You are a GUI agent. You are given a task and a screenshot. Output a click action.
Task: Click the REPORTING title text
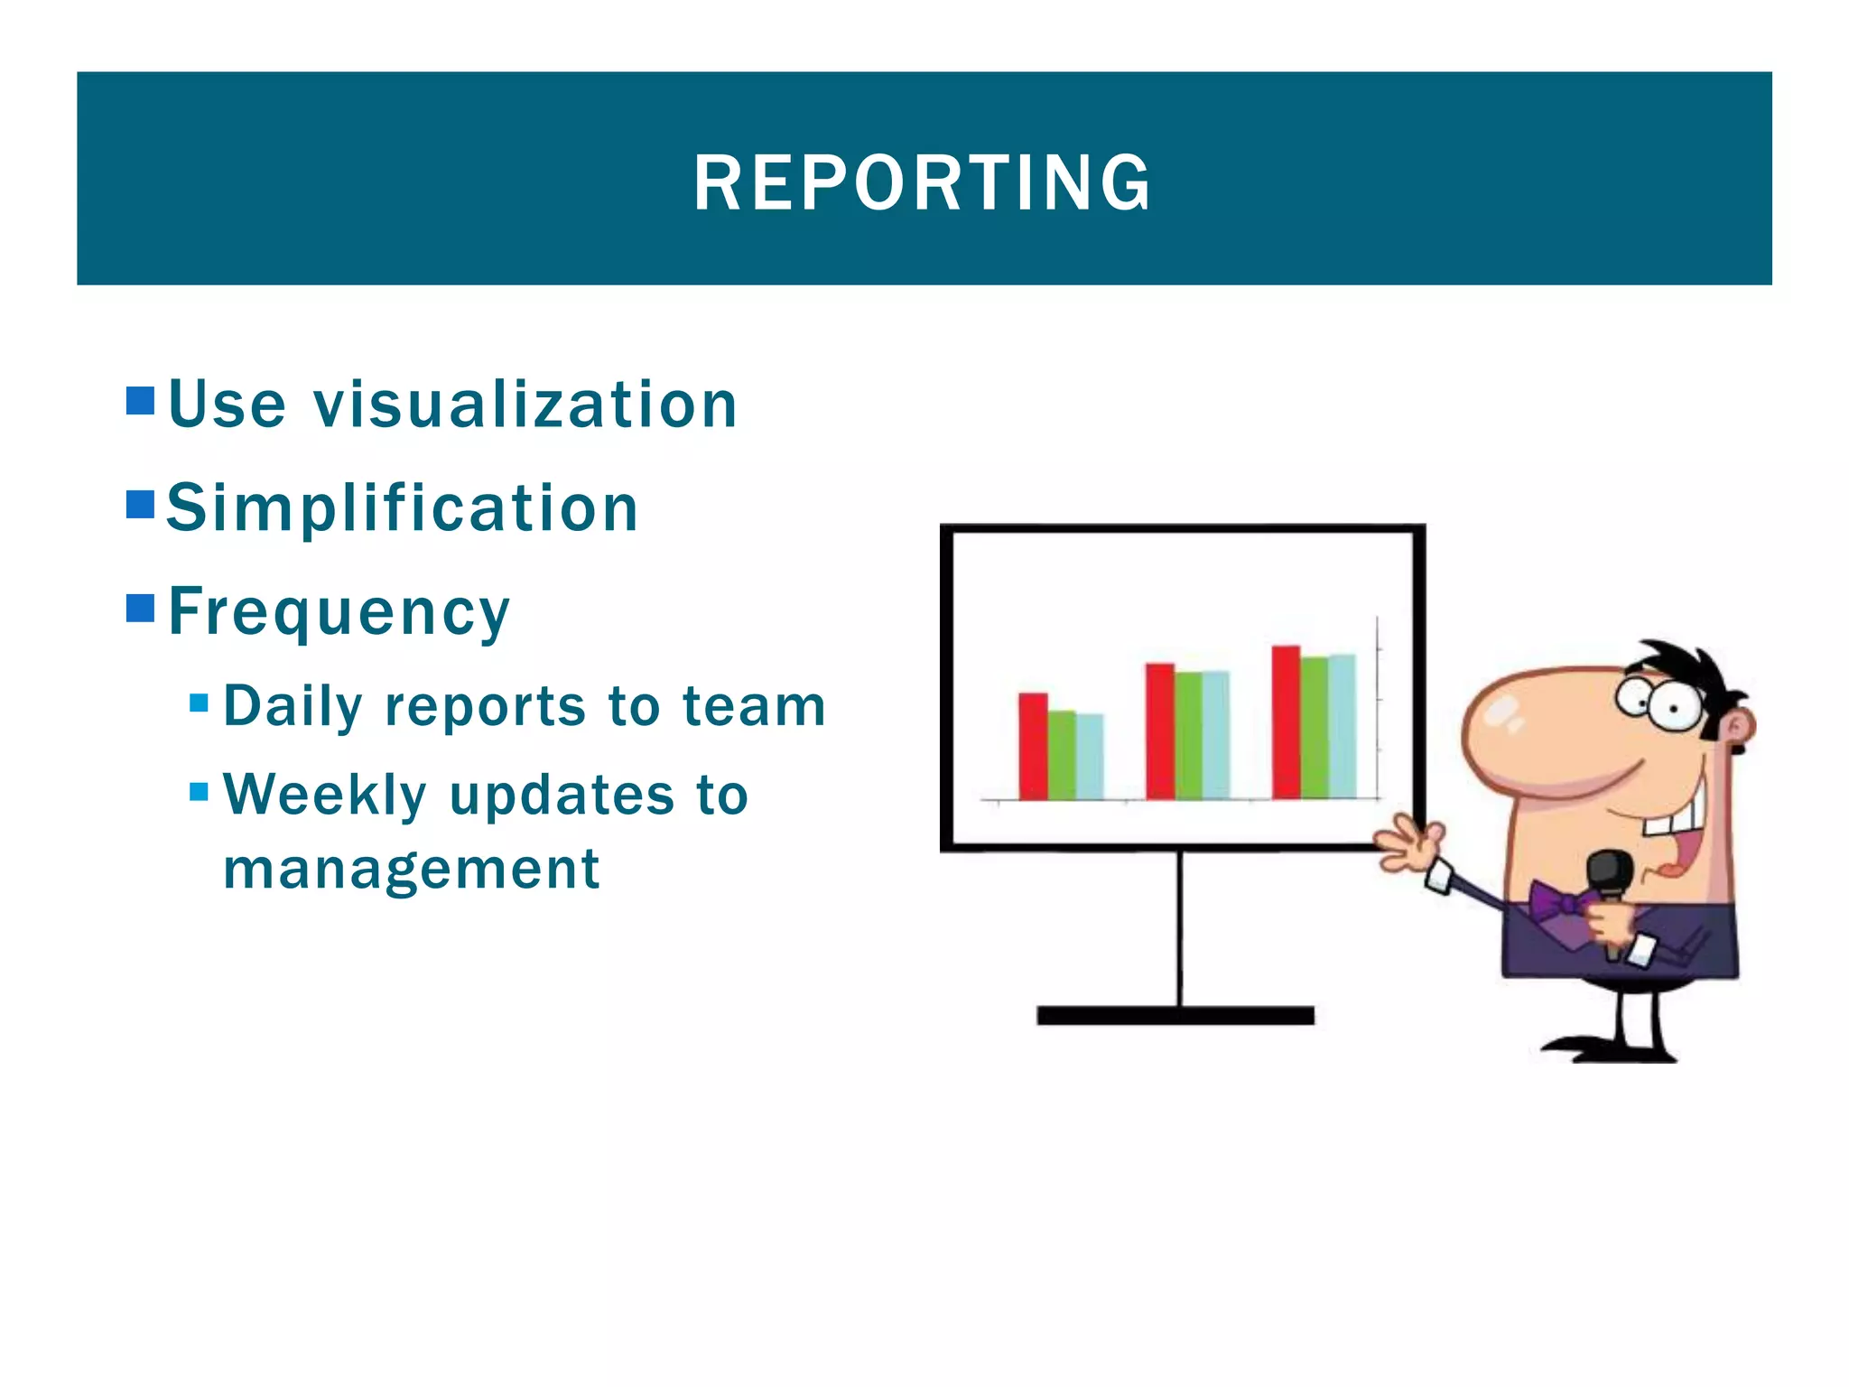pos(923,183)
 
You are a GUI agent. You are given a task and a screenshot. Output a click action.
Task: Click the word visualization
pos(525,405)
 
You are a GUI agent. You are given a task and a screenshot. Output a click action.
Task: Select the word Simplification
pos(403,507)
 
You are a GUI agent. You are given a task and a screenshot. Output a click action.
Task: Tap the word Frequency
pos(339,612)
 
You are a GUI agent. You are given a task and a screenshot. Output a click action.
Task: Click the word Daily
pos(293,706)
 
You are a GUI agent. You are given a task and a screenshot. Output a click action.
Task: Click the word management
pos(412,869)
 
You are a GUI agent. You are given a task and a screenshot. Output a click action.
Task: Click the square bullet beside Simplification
pos(141,504)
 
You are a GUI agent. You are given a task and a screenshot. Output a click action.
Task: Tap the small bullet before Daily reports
pos(200,703)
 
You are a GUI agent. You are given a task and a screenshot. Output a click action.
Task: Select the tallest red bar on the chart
pos(1286,722)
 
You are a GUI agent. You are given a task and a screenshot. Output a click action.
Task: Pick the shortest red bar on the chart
pos(1033,746)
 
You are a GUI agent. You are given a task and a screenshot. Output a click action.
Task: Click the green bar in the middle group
pos(1188,735)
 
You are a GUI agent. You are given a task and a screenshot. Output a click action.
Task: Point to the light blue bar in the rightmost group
pos(1343,727)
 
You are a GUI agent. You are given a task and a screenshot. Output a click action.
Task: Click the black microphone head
pos(1610,870)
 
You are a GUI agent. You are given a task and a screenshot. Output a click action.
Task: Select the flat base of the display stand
pos(1175,1016)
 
